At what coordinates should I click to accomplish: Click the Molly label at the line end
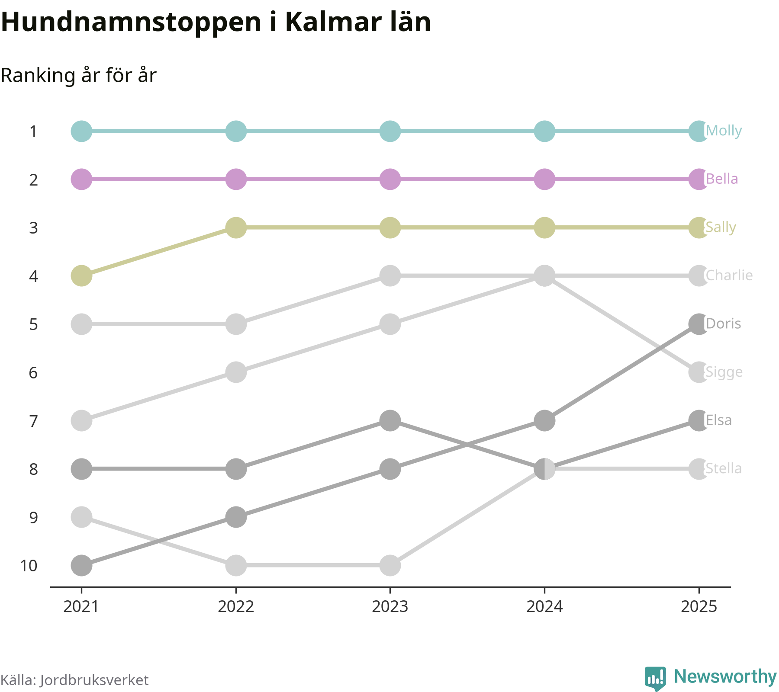(724, 131)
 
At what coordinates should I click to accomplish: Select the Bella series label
(722, 179)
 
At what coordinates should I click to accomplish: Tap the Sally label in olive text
(721, 227)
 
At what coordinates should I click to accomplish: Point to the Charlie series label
(729, 276)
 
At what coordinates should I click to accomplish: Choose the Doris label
(723, 324)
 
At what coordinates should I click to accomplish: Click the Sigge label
(724, 372)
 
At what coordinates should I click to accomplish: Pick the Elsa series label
(718, 420)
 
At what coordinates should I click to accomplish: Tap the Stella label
(724, 469)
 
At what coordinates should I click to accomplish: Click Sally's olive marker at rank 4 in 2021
(81, 276)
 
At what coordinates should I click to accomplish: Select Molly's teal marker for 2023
(390, 131)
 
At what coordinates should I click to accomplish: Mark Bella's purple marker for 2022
(236, 179)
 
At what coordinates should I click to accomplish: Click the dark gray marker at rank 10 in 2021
(81, 565)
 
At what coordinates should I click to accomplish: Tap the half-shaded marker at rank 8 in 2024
(544, 469)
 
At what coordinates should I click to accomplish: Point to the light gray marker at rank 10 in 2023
(390, 565)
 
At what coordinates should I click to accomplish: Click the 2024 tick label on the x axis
(544, 607)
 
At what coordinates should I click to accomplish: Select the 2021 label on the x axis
(81, 607)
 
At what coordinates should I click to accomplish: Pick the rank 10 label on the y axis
(29, 566)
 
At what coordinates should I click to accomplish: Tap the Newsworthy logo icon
(655, 678)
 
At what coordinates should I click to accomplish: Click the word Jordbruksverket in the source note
(94, 680)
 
